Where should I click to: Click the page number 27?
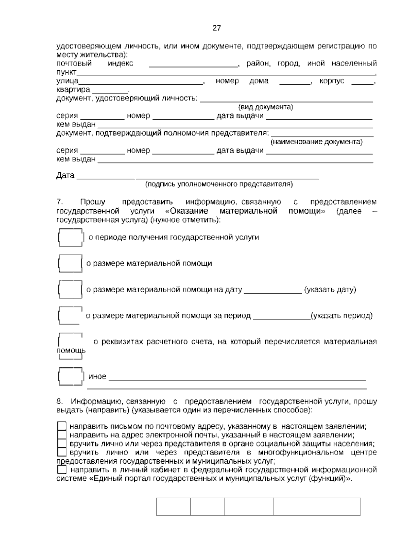tap(216, 28)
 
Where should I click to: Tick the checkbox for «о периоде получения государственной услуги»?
tap(70, 237)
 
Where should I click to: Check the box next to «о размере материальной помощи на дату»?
tap(70, 290)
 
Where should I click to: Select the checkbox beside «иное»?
tap(70, 376)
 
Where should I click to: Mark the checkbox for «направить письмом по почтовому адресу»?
tap(62, 426)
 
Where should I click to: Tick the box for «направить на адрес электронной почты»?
tap(62, 435)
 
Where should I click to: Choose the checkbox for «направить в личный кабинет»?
tap(62, 470)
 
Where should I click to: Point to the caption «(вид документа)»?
tap(265, 107)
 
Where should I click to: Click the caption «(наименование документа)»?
tap(316, 142)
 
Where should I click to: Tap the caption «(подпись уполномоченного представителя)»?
tap(219, 184)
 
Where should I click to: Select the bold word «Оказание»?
tap(189, 211)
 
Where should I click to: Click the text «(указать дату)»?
tap(330, 290)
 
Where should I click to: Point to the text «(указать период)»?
tap(342, 316)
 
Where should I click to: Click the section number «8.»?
tap(59, 402)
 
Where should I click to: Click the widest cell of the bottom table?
tap(316, 507)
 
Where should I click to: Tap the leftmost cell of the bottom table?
tap(173, 507)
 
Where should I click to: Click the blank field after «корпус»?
tap(362, 82)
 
